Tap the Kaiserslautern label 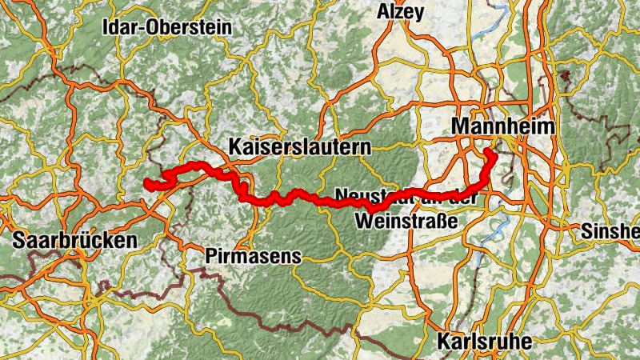click(299, 147)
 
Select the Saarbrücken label click(75, 239)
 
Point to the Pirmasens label click(253, 256)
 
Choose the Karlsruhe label click(484, 341)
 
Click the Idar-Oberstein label click(167, 27)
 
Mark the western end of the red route click(149, 185)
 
